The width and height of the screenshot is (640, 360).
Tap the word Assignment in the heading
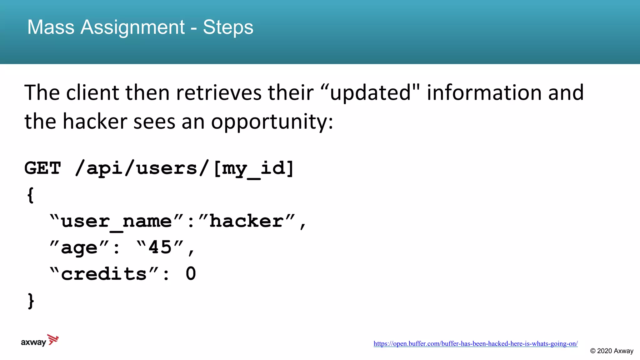tap(132, 27)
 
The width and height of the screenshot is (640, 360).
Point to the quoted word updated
tap(370, 93)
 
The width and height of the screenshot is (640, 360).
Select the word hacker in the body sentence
tap(95, 122)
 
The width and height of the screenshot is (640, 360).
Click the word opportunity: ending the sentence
tap(272, 122)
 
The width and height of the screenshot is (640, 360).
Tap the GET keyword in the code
tap(42, 168)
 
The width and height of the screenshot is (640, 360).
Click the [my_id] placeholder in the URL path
tap(254, 169)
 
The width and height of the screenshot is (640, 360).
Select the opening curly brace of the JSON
tap(31, 195)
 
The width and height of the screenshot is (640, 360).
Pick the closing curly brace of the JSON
tap(31, 301)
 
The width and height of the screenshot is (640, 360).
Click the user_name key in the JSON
tap(116, 222)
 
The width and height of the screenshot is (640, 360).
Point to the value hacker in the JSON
tap(246, 221)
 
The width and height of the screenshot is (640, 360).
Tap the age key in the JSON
tap(79, 248)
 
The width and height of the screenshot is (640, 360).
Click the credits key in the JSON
tap(104, 274)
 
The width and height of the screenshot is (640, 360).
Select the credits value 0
tap(191, 274)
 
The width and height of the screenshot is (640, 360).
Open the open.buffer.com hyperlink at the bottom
tap(475, 344)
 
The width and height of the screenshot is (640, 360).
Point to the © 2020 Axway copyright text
tap(612, 351)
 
